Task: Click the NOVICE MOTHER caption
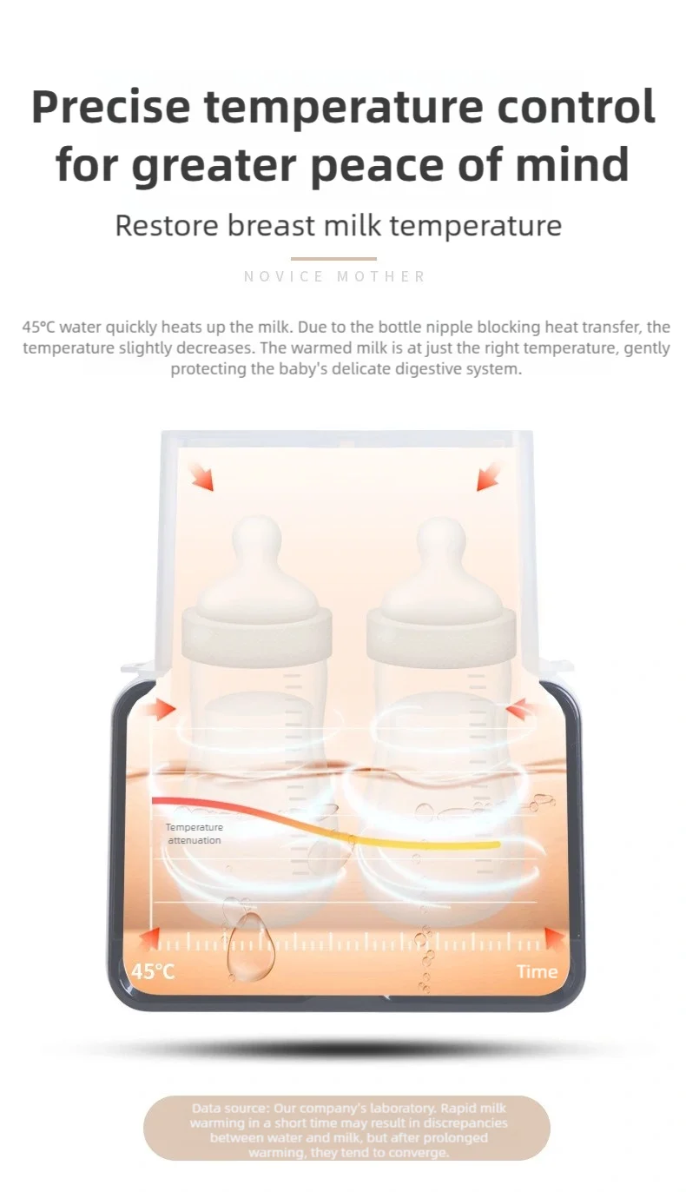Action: [335, 276]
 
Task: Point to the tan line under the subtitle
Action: [333, 259]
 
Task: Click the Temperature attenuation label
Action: [194, 834]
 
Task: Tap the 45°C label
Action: [153, 971]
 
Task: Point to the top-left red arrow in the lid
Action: [201, 477]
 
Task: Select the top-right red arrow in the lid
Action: [488, 477]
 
